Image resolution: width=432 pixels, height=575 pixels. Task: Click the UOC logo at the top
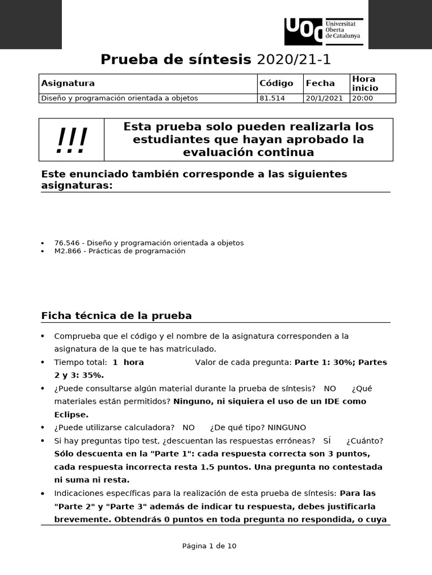(x=323, y=31)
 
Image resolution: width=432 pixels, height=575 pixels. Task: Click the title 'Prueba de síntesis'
(x=175, y=60)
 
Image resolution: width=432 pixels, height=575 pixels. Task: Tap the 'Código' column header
(x=276, y=83)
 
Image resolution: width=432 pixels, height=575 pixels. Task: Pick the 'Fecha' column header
(x=320, y=83)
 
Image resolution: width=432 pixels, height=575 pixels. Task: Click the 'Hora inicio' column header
(x=364, y=83)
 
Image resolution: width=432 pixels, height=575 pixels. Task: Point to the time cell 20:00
(x=362, y=98)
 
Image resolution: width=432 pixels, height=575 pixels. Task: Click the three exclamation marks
(x=71, y=140)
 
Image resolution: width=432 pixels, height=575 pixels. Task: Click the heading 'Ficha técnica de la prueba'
(x=116, y=316)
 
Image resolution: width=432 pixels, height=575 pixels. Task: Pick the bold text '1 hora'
(x=128, y=362)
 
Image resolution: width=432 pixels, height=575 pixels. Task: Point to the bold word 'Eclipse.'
(x=71, y=414)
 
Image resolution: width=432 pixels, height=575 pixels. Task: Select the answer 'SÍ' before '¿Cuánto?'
(x=327, y=441)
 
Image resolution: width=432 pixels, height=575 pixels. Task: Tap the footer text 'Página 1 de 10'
(x=209, y=546)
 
